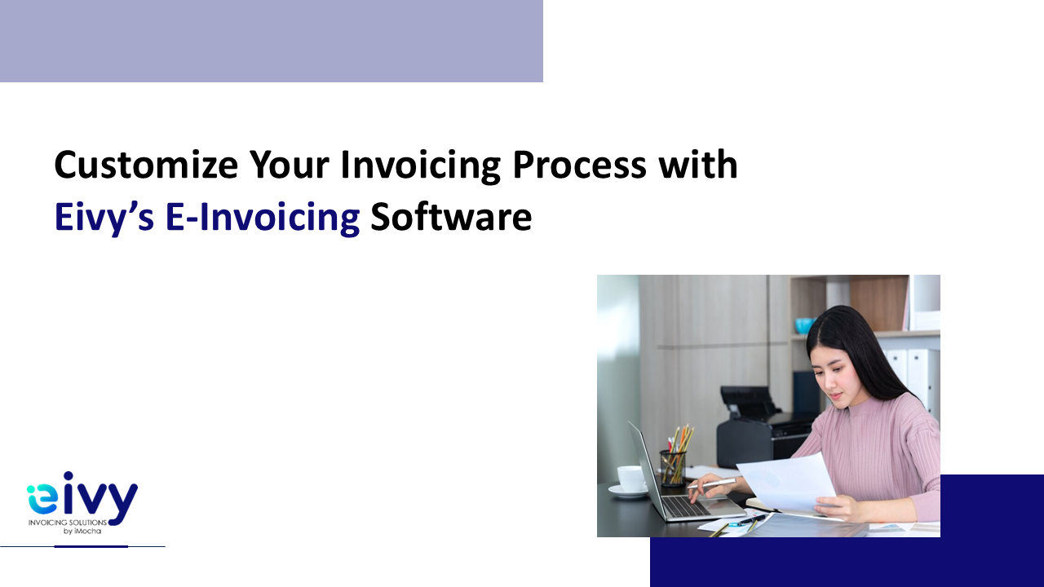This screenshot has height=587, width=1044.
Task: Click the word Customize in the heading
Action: click(146, 165)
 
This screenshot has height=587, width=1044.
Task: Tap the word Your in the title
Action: click(289, 165)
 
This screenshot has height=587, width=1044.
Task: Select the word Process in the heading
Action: click(579, 165)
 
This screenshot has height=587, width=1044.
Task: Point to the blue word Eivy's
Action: click(104, 218)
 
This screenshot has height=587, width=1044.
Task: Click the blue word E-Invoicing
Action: click(263, 218)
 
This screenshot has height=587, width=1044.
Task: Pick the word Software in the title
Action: click(451, 217)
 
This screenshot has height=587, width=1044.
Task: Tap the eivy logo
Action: click(82, 503)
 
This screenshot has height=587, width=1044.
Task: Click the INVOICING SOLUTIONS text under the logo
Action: click(68, 523)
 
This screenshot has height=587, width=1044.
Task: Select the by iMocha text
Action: click(82, 531)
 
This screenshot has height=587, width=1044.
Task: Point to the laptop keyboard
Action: click(686, 506)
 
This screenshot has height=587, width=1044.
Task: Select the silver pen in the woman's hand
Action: click(711, 483)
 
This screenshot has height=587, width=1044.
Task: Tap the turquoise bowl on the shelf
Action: click(805, 325)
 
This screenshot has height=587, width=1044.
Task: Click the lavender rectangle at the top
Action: click(272, 41)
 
